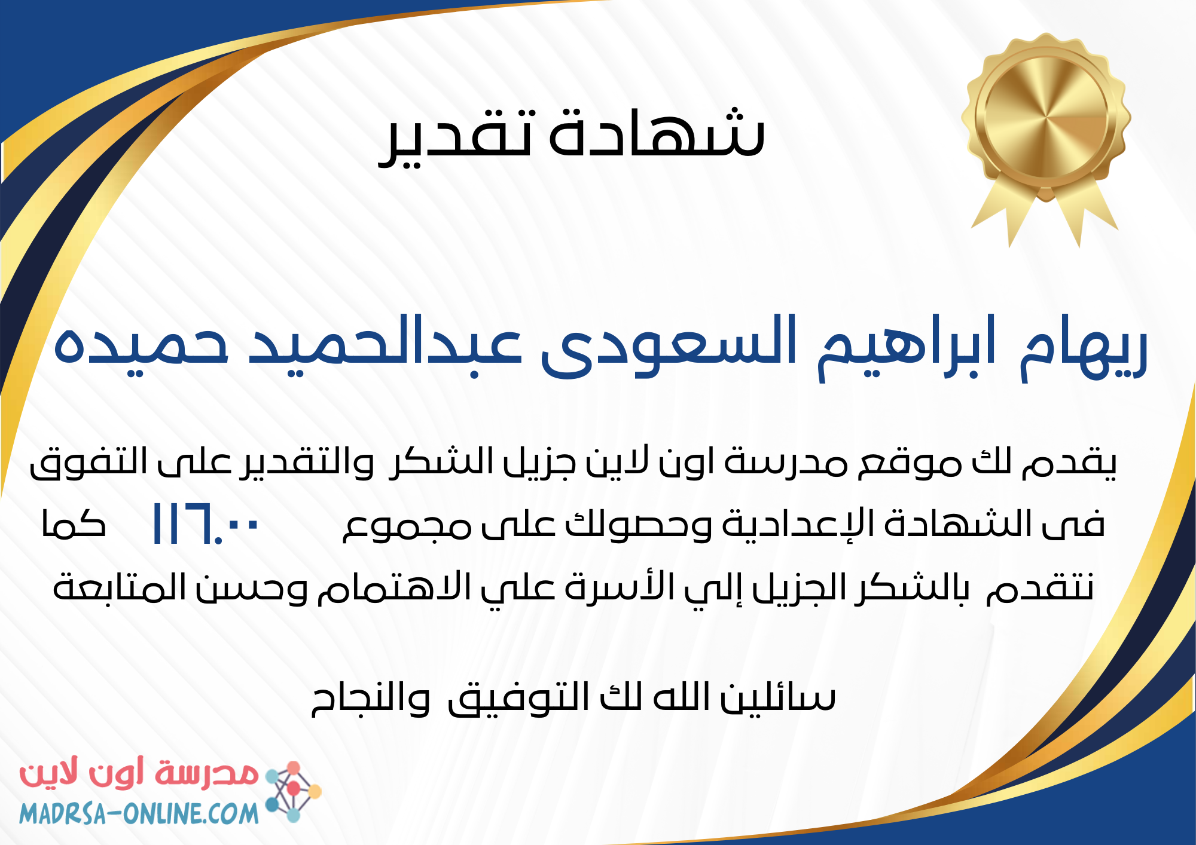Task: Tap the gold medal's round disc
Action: tap(1045, 115)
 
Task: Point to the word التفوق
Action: tap(89, 463)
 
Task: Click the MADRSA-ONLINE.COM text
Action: tap(139, 814)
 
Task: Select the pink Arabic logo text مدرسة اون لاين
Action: tap(139, 773)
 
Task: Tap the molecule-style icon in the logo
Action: tap(293, 791)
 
